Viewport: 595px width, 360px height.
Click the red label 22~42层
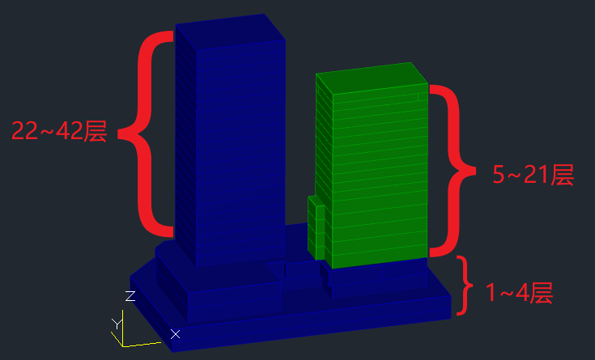pyautogui.click(x=59, y=131)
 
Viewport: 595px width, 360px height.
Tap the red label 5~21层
pyautogui.click(x=533, y=175)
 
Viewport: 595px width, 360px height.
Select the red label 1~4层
pyautogui.click(x=519, y=293)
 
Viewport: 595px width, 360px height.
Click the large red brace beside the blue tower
pyautogui.click(x=145, y=133)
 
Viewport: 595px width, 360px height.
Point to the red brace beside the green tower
pyautogui.click(x=453, y=171)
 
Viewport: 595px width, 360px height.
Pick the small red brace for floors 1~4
pyautogui.click(x=465, y=286)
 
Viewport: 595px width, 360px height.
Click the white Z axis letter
pyautogui.click(x=130, y=296)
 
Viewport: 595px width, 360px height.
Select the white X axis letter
pyautogui.click(x=176, y=334)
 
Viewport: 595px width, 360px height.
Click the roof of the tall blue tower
pyautogui.click(x=231, y=32)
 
